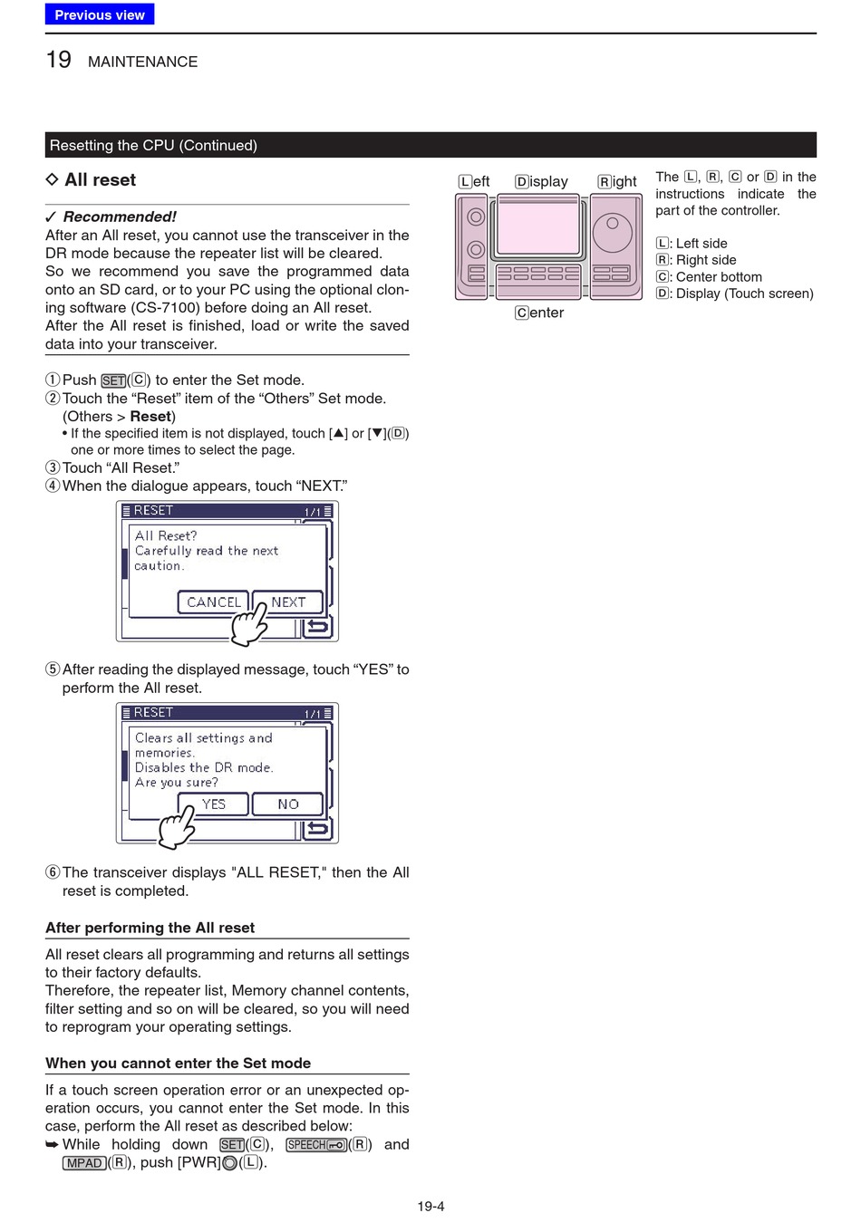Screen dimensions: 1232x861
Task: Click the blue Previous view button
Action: coord(100,14)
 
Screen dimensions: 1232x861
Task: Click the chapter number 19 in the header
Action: coord(58,60)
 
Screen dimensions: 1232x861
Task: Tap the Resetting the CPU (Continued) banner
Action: coord(430,145)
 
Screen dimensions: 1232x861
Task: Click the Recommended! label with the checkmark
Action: coord(111,217)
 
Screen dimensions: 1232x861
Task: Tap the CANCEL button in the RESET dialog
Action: coord(214,602)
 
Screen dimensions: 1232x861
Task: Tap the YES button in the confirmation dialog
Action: coord(213,804)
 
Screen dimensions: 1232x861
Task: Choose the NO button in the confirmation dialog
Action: coord(288,804)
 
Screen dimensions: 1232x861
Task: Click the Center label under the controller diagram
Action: coord(539,313)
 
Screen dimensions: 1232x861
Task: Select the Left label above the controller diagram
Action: coord(474,181)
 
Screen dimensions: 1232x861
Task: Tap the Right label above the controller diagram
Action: coord(617,181)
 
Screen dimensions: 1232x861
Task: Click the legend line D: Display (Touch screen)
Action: coord(735,294)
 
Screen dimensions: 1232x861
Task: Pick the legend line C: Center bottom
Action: coord(709,277)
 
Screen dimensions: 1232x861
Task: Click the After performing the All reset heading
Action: coord(150,928)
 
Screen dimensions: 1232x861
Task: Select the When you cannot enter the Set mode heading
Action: coord(179,1064)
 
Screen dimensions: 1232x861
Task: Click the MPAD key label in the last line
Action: coord(84,1163)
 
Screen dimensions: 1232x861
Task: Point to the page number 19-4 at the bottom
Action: coord(430,1207)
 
